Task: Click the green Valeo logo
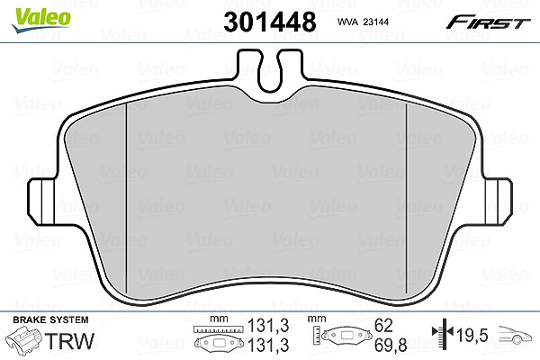[x=41, y=20]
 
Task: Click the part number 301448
[x=270, y=22]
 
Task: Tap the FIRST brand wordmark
[x=488, y=22]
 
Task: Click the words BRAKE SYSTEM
[x=50, y=319]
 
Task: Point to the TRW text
[x=69, y=341]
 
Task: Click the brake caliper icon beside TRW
[x=24, y=340]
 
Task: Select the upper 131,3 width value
[x=268, y=326]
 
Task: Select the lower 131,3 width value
[x=268, y=345]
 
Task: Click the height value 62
[x=383, y=325]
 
